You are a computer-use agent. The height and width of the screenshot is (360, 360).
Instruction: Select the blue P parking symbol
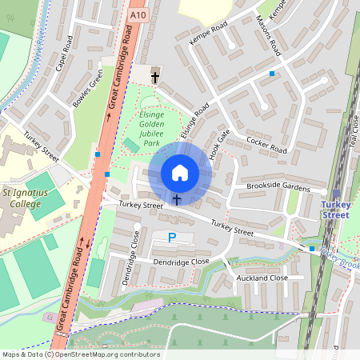pos(172,238)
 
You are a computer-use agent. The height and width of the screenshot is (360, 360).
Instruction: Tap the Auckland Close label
pos(262,278)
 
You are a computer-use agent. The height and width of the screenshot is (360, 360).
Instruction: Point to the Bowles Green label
pos(88,90)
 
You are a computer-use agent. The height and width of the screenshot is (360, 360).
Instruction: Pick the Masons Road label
pos(269,35)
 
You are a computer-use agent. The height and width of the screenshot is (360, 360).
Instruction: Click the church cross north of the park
pos(154,77)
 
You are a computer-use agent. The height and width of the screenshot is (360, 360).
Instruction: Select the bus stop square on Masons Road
pos(272,74)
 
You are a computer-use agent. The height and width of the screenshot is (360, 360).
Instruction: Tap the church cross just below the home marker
pos(177,198)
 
